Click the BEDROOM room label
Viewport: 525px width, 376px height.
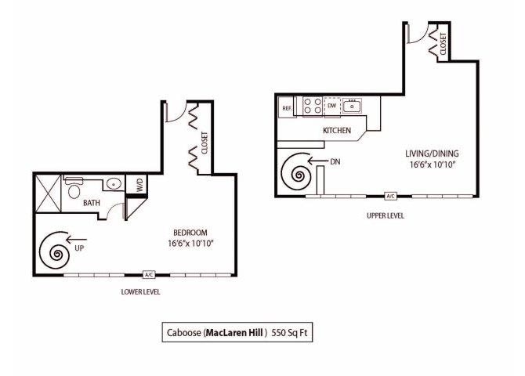190,233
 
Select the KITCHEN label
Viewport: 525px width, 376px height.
335,130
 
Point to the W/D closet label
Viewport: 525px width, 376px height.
139,185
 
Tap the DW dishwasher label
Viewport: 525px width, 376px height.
331,105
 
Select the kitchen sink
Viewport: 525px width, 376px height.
354,105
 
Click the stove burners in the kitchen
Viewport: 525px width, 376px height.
311,106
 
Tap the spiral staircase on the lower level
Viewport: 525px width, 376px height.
58,251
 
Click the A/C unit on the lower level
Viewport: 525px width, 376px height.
149,275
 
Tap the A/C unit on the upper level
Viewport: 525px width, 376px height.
390,196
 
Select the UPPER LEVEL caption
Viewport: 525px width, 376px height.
386,215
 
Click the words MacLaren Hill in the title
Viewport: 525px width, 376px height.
237,332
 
